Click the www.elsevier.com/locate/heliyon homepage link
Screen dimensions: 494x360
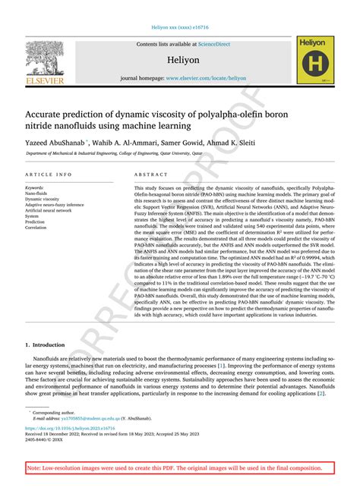coord(206,78)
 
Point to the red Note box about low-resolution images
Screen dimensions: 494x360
coord(179,469)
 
